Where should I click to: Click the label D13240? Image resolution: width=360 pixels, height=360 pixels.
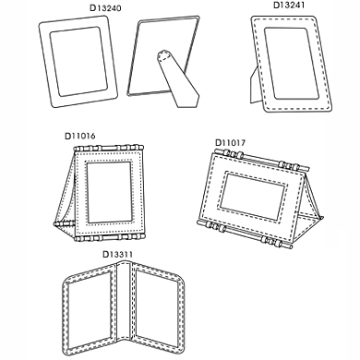point(105,8)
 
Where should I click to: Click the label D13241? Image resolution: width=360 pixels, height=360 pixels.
point(289,6)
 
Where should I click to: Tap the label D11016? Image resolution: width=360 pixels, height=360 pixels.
point(80,136)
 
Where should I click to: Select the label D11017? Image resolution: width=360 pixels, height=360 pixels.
point(230,143)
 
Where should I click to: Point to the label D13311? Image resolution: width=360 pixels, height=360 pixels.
point(117,255)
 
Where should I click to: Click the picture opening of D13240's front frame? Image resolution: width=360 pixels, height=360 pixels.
point(78,62)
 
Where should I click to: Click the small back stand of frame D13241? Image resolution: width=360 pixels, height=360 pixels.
point(256,86)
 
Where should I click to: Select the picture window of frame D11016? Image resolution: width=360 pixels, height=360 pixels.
point(110,192)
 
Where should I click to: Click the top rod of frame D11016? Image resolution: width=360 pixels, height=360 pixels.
point(108,148)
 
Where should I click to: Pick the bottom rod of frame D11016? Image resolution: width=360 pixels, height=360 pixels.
point(109,237)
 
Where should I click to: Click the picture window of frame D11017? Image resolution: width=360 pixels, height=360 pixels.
point(252,197)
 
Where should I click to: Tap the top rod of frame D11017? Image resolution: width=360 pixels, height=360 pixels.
point(261,160)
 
